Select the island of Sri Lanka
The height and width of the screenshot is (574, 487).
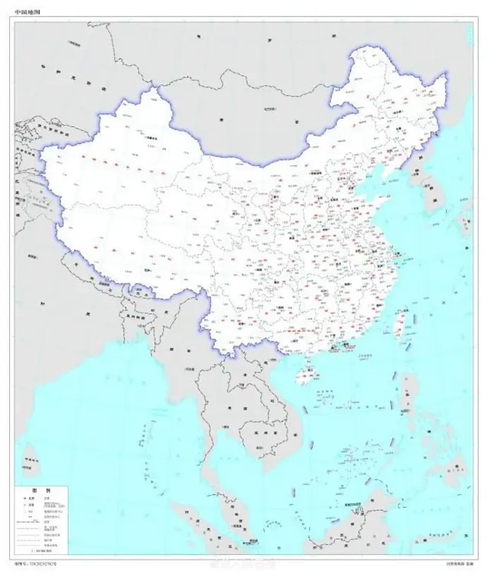pos(31,458)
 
